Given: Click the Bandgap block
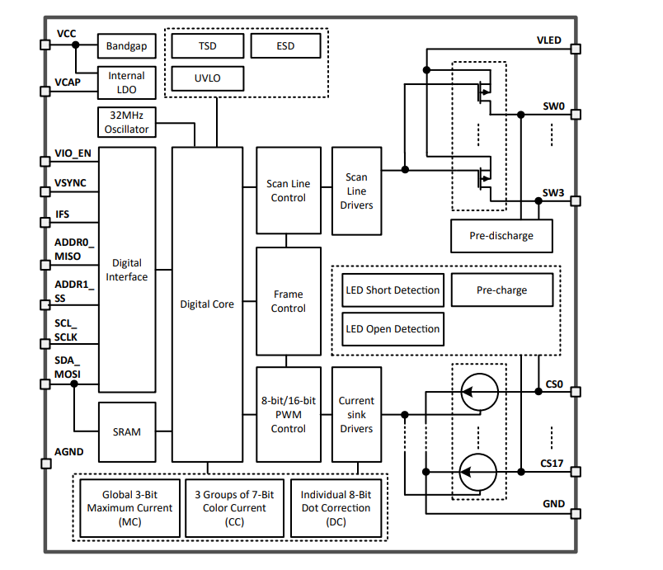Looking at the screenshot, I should pos(126,46).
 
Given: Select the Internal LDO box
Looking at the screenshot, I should pos(126,82).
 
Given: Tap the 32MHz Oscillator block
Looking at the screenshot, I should pos(126,123).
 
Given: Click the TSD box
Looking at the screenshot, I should pos(208,46).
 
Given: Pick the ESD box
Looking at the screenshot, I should pos(285,46).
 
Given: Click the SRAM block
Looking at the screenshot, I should pos(126,431).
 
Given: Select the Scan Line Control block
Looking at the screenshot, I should pos(289,191).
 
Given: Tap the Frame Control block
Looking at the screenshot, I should pos(289,301).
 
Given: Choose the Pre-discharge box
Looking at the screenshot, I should pos(501,236).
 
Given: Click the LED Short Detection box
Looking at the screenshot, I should pos(392,290).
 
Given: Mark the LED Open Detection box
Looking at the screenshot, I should pos(392,329).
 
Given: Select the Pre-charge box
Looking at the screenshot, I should pos(501,290).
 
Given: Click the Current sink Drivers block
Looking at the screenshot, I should pos(356,414).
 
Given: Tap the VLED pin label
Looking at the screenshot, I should pos(548,40).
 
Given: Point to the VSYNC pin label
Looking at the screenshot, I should pos(71,183).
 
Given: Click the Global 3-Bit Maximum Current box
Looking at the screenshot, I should pos(130,508).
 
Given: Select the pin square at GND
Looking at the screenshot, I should pos(576,512).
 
